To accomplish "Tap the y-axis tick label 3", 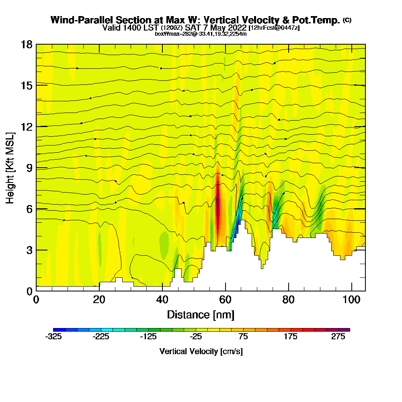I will (29, 250).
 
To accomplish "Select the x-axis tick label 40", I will (162, 299).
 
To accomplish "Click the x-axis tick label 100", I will (351, 299).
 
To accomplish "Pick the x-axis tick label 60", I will (225, 299).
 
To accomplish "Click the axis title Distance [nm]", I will (201, 314).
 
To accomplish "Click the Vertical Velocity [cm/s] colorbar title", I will (201, 351).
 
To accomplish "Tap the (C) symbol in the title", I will (347, 20).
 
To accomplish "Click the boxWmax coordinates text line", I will (201, 34).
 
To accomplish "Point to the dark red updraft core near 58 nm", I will (218, 205).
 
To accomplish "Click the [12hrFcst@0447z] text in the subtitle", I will (274, 28).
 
